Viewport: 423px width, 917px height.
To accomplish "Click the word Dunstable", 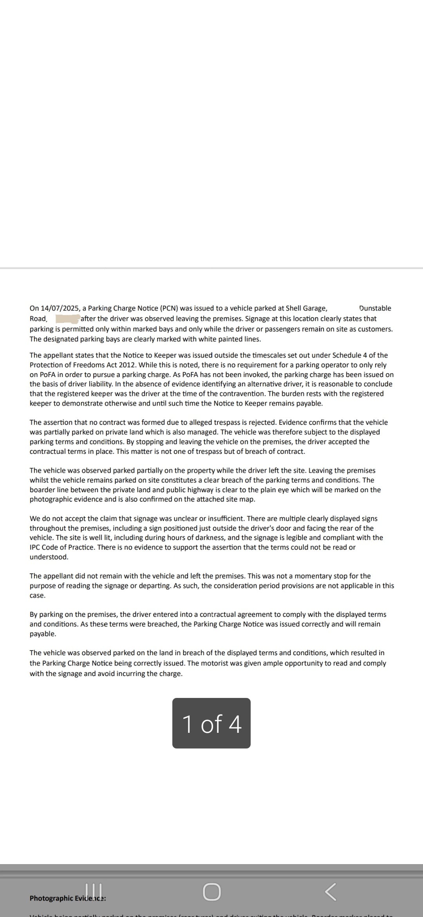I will point(375,308).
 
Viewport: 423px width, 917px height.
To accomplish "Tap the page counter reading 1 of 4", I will point(211,723).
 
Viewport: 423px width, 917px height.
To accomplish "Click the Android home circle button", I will point(211,892).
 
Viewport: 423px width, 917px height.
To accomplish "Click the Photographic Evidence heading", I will point(67,898).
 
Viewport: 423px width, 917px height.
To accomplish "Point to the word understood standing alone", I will point(49,557).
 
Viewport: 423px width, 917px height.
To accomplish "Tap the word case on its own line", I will point(38,596).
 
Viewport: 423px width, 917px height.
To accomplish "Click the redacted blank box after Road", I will point(67,319).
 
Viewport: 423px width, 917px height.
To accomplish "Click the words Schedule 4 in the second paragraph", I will point(349,355).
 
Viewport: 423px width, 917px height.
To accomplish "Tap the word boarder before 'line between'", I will point(43,490).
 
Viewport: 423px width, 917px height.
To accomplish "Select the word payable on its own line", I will point(43,634).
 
